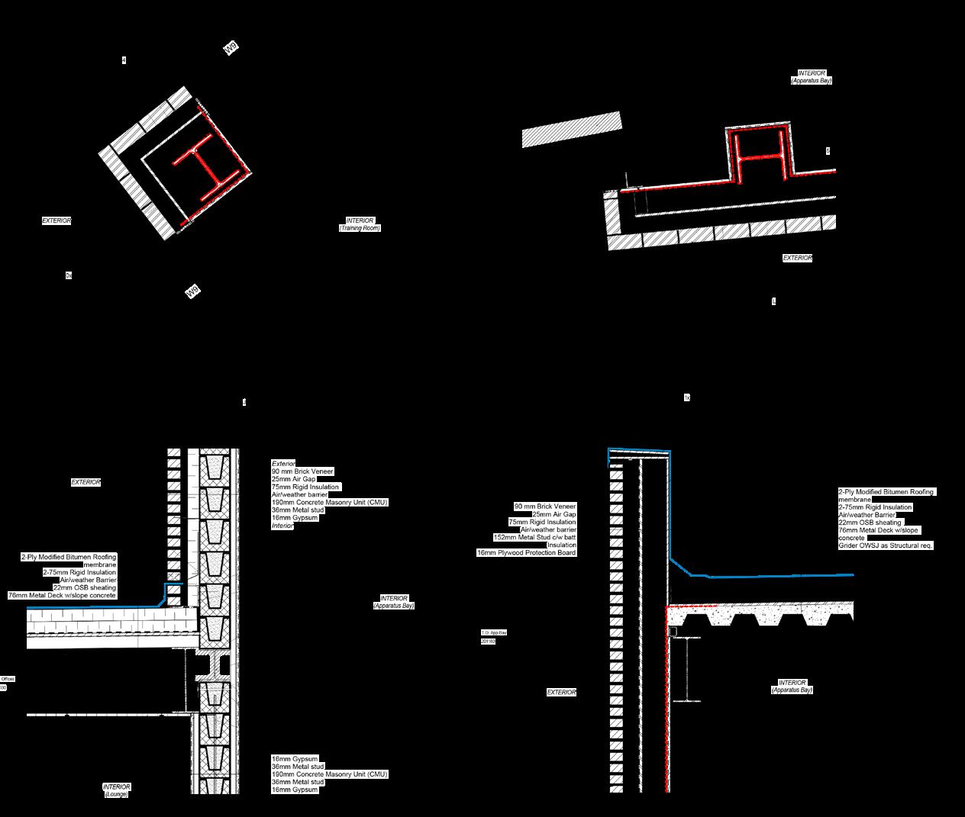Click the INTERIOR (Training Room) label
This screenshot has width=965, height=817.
360,224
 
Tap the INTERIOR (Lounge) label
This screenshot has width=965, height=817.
116,790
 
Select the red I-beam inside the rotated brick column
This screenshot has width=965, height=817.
204,162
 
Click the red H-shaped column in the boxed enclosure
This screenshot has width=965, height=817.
757,157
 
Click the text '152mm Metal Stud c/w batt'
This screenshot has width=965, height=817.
534,537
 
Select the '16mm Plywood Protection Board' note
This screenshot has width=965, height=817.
526,552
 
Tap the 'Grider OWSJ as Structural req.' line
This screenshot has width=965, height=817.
886,545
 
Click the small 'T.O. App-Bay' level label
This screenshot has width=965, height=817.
493,633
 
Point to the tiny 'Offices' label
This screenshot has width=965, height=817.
8,679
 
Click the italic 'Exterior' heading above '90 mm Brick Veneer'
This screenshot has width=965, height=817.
283,464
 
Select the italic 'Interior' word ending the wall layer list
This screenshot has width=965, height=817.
282,526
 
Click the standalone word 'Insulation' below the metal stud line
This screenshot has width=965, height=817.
561,545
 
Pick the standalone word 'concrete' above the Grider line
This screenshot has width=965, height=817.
851,538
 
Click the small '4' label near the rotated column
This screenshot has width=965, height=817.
124,60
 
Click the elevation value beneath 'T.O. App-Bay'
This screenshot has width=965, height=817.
488,642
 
